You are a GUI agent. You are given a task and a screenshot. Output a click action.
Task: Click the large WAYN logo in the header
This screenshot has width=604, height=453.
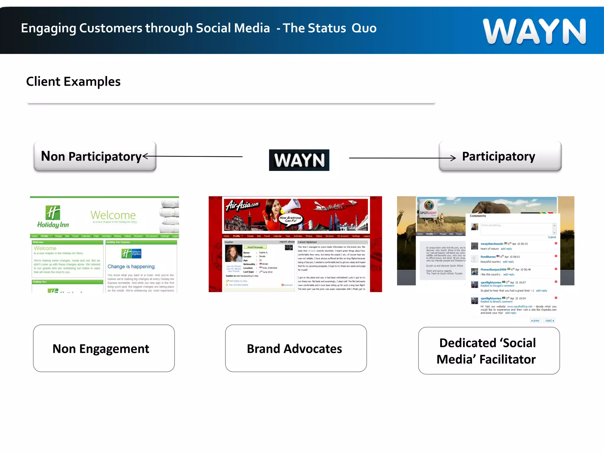tap(534, 31)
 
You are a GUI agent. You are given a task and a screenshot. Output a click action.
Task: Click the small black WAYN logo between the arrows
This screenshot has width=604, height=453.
tap(299, 160)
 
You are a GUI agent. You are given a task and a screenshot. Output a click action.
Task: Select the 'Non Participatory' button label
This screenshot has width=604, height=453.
tap(91, 156)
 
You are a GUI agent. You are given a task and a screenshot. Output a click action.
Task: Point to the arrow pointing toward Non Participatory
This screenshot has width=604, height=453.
tap(192, 156)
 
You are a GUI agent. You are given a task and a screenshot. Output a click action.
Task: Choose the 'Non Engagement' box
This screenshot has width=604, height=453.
tap(104, 348)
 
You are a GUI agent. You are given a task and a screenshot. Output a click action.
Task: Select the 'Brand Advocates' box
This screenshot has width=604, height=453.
tap(296, 348)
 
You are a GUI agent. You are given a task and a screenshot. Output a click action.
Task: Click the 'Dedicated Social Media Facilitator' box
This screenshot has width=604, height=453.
tap(489, 351)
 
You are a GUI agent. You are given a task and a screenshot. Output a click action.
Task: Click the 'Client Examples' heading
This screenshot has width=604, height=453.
tap(73, 81)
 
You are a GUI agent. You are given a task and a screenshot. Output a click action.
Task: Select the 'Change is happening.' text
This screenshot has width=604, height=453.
tap(132, 267)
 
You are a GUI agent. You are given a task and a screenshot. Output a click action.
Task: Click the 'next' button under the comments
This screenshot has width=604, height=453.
tap(549, 321)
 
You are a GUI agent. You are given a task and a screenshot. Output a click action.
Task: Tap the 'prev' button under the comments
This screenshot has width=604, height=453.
tap(536, 321)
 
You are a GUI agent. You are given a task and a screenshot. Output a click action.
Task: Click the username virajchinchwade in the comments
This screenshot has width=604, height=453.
tap(492, 244)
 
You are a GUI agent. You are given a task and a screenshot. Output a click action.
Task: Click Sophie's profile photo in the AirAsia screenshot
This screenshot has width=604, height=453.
tap(234, 253)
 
